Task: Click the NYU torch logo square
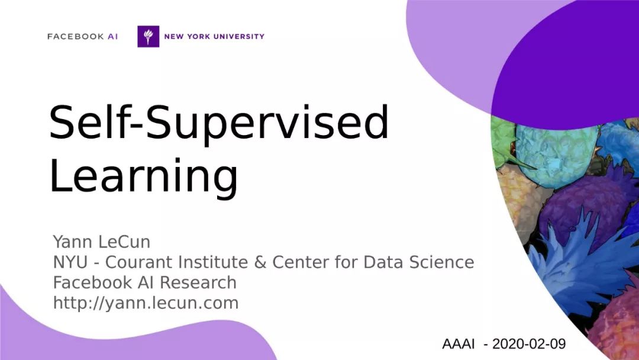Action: click(x=148, y=36)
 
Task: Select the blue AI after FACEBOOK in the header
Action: click(x=112, y=36)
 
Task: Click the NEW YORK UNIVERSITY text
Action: click(x=214, y=36)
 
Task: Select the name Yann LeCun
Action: click(x=102, y=242)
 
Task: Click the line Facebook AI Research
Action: click(x=145, y=282)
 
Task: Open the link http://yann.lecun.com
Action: click(x=146, y=303)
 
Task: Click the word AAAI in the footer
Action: click(x=458, y=344)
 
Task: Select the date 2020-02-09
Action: click(x=529, y=344)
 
